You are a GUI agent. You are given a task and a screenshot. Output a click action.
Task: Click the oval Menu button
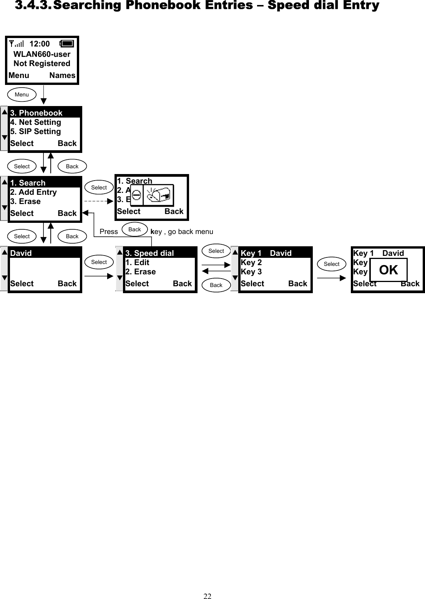click(22, 95)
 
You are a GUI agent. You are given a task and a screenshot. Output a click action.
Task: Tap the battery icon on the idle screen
click(67, 44)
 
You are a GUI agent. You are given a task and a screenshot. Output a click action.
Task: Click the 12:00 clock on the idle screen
click(40, 44)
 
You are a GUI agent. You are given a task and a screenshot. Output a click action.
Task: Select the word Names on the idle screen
click(62, 75)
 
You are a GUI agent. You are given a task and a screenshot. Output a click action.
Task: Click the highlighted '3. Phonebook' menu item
click(36, 113)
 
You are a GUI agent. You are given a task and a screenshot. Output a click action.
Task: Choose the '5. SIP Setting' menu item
click(35, 131)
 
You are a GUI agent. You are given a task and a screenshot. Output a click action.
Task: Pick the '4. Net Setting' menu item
click(35, 122)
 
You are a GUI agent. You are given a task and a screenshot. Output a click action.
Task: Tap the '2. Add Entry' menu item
click(33, 192)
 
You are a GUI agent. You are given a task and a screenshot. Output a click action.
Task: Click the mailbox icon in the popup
click(158, 195)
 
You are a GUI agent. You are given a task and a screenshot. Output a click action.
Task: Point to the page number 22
click(208, 596)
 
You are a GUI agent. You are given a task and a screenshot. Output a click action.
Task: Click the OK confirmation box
click(388, 270)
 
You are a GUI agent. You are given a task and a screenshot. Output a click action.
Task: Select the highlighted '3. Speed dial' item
click(149, 253)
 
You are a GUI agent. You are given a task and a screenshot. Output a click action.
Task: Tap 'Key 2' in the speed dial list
click(251, 262)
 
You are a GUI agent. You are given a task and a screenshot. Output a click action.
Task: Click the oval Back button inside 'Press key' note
click(134, 229)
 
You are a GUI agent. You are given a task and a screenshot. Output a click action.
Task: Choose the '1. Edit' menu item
click(137, 262)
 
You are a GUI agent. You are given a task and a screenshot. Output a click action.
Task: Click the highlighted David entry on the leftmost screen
click(21, 253)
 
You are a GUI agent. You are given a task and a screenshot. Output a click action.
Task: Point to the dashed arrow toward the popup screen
click(99, 201)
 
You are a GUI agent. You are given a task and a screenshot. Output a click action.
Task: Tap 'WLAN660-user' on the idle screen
click(42, 54)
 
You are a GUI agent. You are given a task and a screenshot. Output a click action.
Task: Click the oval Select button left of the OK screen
click(331, 264)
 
